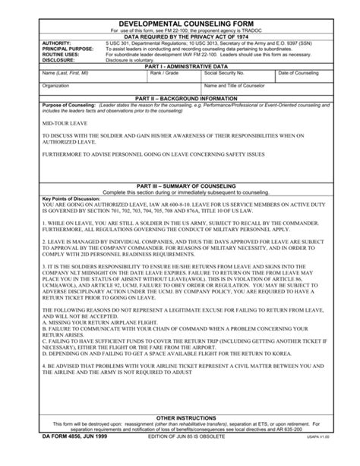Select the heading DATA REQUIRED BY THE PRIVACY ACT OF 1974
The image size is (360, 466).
[x=180, y=36]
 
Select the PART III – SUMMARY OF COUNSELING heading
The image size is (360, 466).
[x=180, y=185]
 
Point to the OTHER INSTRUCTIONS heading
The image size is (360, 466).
[x=180, y=417]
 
